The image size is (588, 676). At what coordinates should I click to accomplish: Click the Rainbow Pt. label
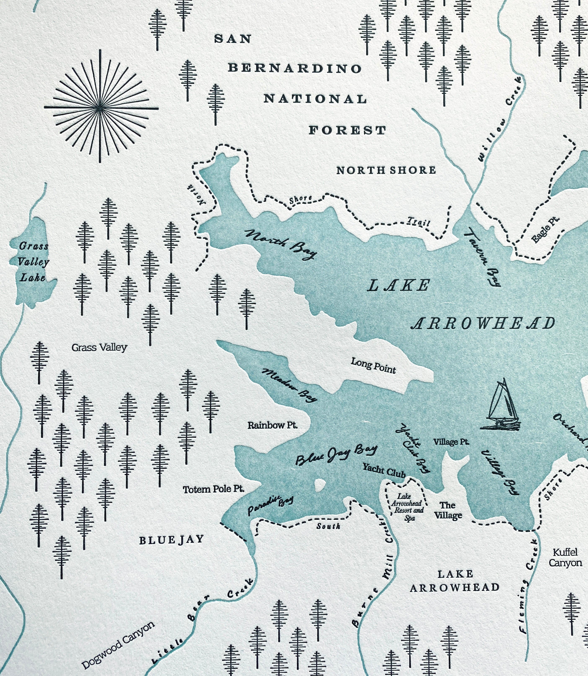272,426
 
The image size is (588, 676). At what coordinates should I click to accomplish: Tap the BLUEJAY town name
171,540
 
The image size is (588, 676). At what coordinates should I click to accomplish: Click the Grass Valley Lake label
33,262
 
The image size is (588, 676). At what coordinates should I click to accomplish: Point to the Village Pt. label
451,442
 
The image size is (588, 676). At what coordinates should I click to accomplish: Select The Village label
448,511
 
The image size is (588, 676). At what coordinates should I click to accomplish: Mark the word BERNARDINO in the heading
295,68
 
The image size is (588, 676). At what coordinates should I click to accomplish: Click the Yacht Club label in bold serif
384,470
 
